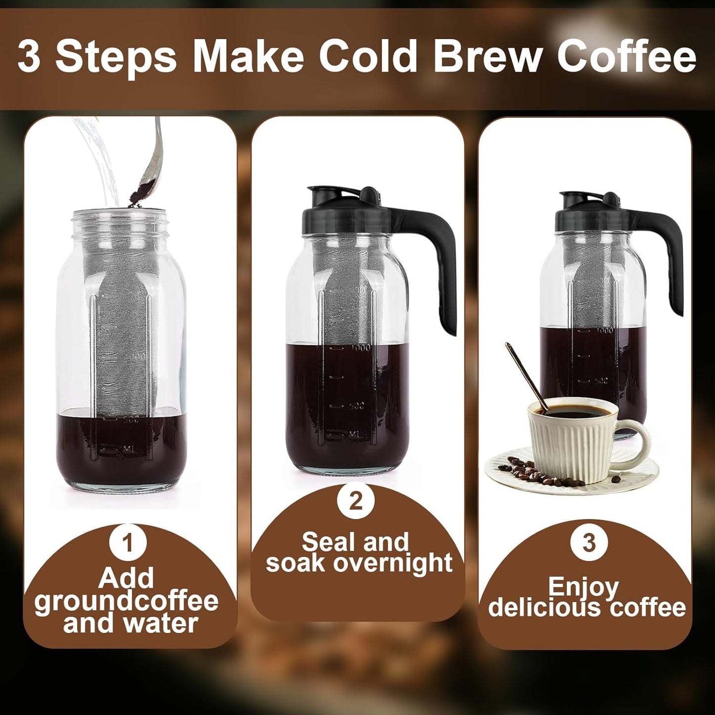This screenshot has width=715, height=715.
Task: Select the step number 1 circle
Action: coord(128,543)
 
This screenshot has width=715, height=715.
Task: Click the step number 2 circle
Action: coord(356,501)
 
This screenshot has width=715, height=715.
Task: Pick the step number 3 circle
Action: coord(588,543)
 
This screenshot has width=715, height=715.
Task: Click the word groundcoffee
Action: coord(127,601)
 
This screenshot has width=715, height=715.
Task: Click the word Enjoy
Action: coord(583,587)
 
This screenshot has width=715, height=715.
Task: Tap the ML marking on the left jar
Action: coord(128,449)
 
